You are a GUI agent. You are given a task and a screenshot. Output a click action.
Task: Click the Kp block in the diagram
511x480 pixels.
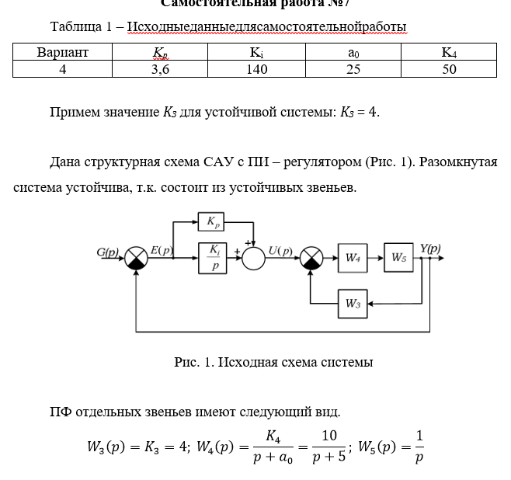211,221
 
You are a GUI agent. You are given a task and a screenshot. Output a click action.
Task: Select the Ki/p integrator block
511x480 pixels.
214,258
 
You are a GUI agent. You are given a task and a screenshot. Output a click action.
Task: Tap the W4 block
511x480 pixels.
353,258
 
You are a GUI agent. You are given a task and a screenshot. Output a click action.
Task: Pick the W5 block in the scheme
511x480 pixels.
398,258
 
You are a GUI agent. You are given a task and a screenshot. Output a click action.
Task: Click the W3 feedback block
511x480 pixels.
353,304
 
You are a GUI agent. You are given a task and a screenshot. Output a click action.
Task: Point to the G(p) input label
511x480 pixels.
108,252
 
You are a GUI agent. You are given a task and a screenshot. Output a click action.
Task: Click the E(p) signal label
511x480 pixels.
162,250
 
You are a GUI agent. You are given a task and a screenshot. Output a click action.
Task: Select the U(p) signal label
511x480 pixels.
280,251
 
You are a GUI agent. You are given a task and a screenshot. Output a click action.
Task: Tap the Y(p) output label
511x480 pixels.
430,249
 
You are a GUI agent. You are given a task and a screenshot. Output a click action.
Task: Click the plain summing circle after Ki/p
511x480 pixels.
254,258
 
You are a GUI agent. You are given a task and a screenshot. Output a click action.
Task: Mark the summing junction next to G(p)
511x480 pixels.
137,258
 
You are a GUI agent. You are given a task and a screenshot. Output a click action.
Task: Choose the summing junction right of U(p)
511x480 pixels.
311,258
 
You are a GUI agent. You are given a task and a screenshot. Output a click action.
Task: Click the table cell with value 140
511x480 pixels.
256,69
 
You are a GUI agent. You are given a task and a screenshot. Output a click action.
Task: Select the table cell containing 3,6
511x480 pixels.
160,69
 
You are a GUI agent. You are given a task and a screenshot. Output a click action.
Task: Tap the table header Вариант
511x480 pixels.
63,53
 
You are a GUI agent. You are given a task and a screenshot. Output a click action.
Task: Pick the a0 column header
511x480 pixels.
353,53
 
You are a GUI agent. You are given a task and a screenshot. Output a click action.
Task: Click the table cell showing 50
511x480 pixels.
449,69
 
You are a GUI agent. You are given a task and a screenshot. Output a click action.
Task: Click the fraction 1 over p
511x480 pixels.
419,447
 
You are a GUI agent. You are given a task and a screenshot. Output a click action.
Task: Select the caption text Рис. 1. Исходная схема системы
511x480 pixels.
273,362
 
